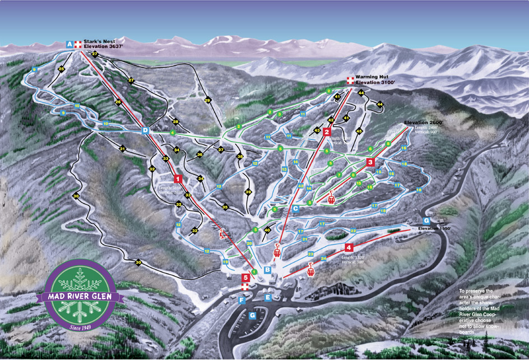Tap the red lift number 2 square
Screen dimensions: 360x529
[x=327, y=133]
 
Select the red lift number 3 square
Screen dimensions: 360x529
[x=370, y=162]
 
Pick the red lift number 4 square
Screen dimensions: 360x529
[x=349, y=247]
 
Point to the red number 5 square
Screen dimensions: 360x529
[x=245, y=277]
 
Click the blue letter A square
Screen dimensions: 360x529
[x=69, y=44]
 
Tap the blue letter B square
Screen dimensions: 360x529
[x=268, y=270]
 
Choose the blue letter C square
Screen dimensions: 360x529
[x=295, y=208]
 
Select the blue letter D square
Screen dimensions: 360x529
[x=145, y=131]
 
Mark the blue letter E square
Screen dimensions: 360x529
[x=268, y=297]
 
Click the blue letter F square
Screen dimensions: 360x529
[x=242, y=301]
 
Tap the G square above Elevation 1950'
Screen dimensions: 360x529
[x=426, y=220]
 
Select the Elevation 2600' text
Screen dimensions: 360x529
[x=424, y=122]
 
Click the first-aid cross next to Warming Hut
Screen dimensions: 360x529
[x=350, y=80]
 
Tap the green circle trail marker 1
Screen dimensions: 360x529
[x=254, y=272]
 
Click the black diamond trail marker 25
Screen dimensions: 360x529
[x=61, y=68]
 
